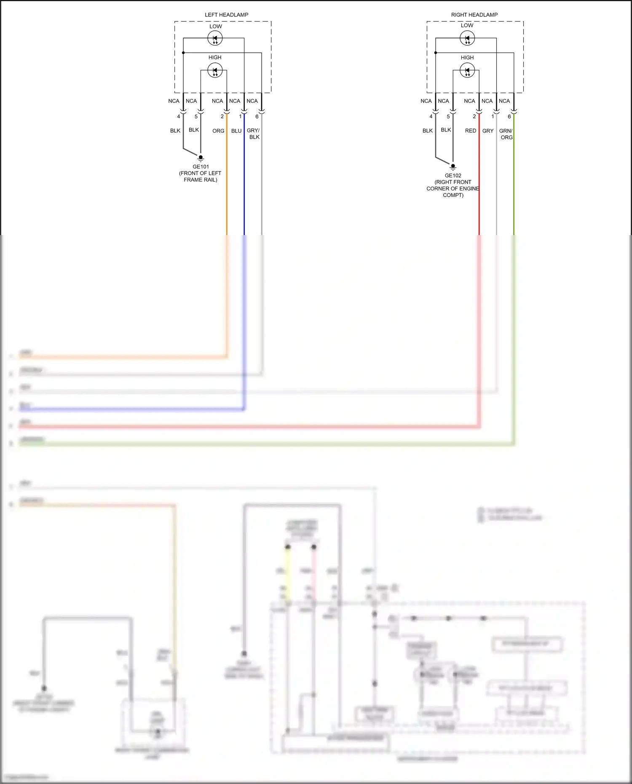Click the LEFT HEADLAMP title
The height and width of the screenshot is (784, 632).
[x=226, y=15]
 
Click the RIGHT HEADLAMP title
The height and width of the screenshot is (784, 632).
[x=474, y=15]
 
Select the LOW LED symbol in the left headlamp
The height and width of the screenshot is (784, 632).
[x=215, y=38]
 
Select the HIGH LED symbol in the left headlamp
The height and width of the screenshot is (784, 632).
[x=215, y=70]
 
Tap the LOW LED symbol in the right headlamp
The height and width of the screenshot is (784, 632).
[x=467, y=38]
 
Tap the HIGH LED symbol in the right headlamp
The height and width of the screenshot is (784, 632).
[x=467, y=70]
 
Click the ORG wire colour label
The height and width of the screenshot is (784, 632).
[x=218, y=131]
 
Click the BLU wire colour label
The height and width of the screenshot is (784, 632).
[x=236, y=131]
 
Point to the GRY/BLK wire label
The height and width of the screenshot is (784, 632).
[x=254, y=134]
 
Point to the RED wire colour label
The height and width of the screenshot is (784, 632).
[x=470, y=131]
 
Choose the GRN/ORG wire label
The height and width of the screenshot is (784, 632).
[x=506, y=134]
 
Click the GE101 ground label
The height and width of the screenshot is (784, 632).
[x=201, y=167]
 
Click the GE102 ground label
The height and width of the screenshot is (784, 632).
[x=453, y=176]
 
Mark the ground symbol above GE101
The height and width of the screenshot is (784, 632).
[x=201, y=158]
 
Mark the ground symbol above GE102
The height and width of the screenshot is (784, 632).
[x=453, y=167]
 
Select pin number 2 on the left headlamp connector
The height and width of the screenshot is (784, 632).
[x=222, y=117]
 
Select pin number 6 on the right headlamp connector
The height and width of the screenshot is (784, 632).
[x=509, y=117]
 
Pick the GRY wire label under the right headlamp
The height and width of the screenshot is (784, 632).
[x=487, y=131]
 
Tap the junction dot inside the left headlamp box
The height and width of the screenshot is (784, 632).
[x=183, y=53]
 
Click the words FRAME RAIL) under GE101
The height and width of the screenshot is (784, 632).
[x=201, y=180]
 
